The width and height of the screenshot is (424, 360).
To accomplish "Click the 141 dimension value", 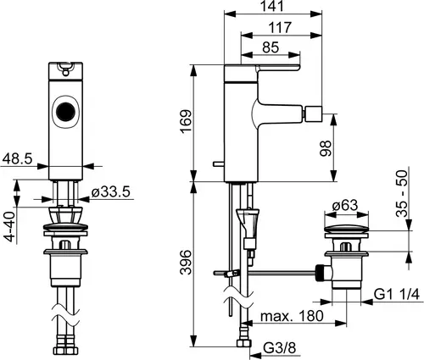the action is (x=271, y=6).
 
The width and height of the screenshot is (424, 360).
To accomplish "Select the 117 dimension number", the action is (x=280, y=28).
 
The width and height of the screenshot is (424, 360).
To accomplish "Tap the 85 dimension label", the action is (x=271, y=47).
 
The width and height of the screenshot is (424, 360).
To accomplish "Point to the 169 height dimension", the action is (x=187, y=122).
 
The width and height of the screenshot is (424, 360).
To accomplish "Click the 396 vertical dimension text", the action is (x=187, y=263).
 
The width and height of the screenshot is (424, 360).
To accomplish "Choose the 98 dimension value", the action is (x=326, y=148).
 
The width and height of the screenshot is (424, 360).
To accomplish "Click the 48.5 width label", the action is (x=17, y=159).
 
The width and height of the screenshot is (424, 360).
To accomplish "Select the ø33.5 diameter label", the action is (x=111, y=192).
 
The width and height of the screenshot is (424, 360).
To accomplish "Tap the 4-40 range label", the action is (x=9, y=227).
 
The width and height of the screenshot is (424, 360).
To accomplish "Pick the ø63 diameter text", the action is (x=345, y=205).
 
